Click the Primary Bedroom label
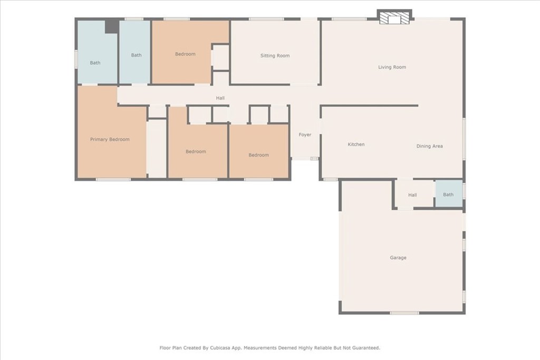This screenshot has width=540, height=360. pyautogui.click(x=110, y=139)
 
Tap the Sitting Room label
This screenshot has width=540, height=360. pyautogui.click(x=275, y=55)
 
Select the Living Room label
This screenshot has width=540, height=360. pyautogui.click(x=392, y=67)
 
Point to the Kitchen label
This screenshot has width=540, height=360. pyautogui.click(x=356, y=144)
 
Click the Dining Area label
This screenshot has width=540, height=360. pyautogui.click(x=429, y=146)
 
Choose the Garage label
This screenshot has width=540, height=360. pyautogui.click(x=398, y=257)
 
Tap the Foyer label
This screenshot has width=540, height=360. pyautogui.click(x=305, y=134)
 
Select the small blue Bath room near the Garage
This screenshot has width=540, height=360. pyautogui.click(x=449, y=194)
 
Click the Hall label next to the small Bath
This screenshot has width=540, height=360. pyautogui.click(x=412, y=195)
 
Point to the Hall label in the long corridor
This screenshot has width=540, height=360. pyautogui.click(x=220, y=98)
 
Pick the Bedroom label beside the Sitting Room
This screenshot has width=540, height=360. pyautogui.click(x=185, y=54)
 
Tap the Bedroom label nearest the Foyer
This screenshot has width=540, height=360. pyautogui.click(x=258, y=155)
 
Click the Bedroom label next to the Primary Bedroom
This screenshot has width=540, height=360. pyautogui.click(x=196, y=151)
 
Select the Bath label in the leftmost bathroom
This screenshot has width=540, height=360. pyautogui.click(x=95, y=63)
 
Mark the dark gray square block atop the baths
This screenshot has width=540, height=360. pyautogui.click(x=112, y=26)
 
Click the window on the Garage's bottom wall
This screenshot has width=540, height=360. pyautogui.click(x=404, y=313)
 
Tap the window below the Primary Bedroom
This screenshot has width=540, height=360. pyautogui.click(x=113, y=179)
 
